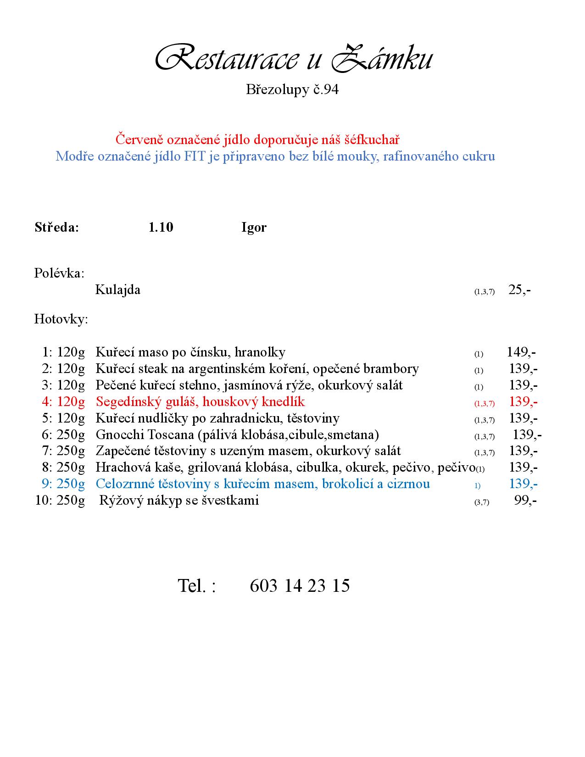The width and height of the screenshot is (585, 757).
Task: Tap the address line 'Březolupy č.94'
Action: (292, 89)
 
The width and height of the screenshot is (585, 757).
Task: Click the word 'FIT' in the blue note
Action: (195, 156)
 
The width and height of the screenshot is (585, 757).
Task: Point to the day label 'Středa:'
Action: (57, 228)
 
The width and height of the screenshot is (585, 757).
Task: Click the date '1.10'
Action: (161, 228)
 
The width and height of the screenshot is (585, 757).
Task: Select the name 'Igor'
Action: (254, 228)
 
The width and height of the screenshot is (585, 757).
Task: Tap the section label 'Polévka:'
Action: (59, 273)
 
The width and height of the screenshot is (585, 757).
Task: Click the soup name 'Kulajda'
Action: (117, 290)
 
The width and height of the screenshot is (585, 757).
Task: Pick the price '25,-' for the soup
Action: (519, 290)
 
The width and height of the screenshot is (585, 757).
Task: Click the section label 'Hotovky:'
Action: (61, 319)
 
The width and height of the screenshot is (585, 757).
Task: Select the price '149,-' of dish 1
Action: (521, 352)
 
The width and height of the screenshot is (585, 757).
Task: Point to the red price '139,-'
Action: (523, 402)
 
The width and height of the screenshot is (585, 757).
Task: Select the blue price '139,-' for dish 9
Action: (523, 484)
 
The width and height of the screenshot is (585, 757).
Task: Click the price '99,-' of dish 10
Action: (525, 501)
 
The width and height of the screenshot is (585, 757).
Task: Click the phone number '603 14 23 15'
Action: (300, 586)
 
